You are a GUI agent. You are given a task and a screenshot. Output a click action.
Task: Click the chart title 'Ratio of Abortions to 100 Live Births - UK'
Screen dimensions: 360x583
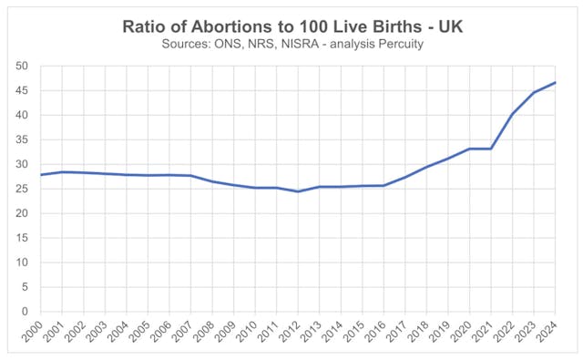291,28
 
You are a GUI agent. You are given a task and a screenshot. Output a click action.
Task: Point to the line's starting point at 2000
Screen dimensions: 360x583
41,175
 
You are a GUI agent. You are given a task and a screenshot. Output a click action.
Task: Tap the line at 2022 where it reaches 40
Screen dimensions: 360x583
512,114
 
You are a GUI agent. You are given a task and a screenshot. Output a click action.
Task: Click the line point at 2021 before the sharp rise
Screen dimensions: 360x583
489,149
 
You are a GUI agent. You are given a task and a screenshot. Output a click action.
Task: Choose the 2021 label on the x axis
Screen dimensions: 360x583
484,334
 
